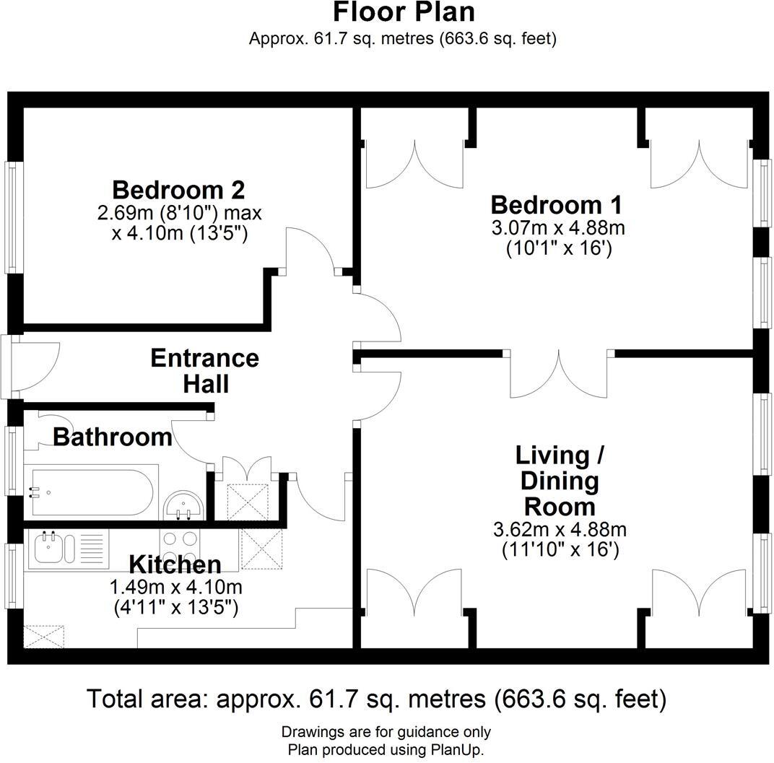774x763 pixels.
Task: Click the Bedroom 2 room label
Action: (x=178, y=190)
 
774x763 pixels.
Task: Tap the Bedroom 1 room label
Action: (x=557, y=205)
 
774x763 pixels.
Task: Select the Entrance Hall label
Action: (x=205, y=371)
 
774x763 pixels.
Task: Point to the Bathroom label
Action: (x=113, y=437)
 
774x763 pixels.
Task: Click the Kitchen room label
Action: (x=175, y=564)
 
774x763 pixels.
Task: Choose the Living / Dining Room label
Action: (x=560, y=481)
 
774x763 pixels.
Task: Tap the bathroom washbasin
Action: (x=183, y=505)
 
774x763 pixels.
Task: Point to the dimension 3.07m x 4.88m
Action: (x=558, y=228)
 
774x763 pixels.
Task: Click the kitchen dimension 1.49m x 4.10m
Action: (x=175, y=588)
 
